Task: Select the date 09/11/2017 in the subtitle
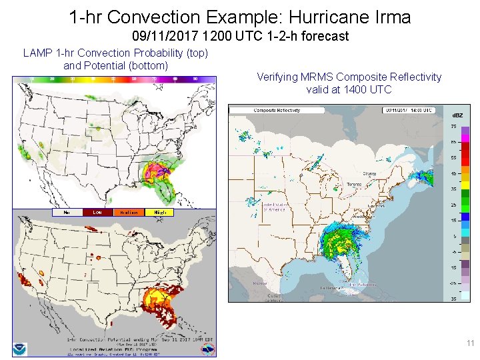pos(159,36)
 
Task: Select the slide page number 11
pos(470,343)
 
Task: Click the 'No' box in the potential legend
pos(67,213)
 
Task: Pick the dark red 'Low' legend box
pos(97,213)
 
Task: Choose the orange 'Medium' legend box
pos(129,213)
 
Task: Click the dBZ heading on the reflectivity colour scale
pos(458,115)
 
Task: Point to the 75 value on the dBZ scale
pos(453,126)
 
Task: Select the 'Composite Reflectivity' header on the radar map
pos(277,110)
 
